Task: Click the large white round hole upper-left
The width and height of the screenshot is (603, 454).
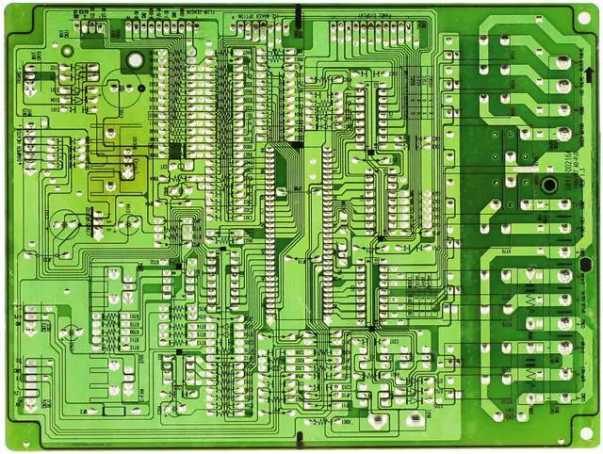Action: pos(136,60)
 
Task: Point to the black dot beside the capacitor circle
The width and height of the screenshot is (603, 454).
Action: pos(142,89)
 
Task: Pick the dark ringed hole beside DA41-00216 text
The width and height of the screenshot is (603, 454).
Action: pos(545,182)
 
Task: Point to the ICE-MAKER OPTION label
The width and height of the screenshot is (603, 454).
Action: pos(243,15)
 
